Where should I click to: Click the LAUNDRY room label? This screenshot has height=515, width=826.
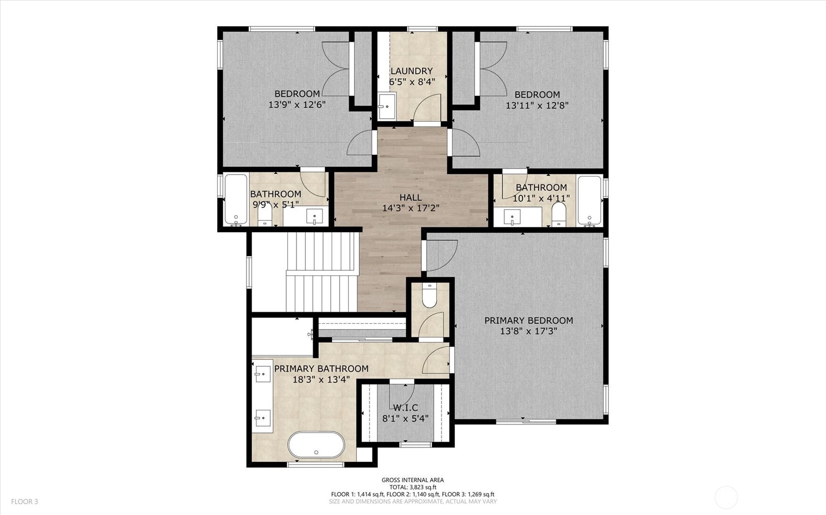[x=411, y=71]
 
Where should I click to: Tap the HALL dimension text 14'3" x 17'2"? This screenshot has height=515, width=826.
[x=411, y=208]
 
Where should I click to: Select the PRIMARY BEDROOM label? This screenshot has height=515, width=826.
[x=529, y=321]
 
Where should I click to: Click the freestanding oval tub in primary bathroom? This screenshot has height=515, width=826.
[x=316, y=444]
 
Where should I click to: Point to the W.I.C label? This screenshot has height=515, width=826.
[x=405, y=408]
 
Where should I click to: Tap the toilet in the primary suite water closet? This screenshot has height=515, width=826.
[x=429, y=295]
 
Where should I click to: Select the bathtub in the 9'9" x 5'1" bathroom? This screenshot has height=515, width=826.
[x=236, y=200]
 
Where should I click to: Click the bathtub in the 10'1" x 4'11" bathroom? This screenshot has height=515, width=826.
[x=589, y=200]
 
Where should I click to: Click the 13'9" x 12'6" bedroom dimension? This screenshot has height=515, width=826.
[x=297, y=105]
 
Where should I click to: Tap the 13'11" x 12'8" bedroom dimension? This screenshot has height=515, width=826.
[x=537, y=105]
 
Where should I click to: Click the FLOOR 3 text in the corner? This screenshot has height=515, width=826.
[x=25, y=502]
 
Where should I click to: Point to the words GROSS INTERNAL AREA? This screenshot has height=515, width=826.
[x=413, y=480]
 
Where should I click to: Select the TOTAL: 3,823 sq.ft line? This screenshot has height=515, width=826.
[x=413, y=487]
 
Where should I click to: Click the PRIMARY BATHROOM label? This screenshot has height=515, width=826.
[x=321, y=369]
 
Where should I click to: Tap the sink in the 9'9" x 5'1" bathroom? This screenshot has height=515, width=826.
[x=314, y=217]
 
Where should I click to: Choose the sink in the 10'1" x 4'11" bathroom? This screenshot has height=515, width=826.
[x=512, y=217]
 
